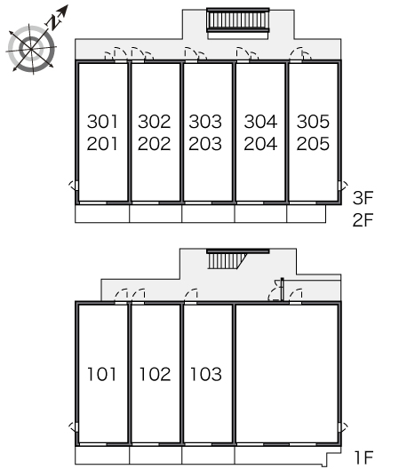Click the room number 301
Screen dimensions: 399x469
pyautogui.click(x=102, y=122)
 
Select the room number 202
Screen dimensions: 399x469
pyautogui.click(x=154, y=144)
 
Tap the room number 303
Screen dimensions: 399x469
pyautogui.click(x=205, y=122)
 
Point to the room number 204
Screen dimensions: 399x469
pyautogui.click(x=260, y=144)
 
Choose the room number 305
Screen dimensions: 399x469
pyautogui.click(x=313, y=122)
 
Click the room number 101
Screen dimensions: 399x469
pyautogui.click(x=102, y=374)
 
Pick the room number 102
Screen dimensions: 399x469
pyautogui.click(x=155, y=374)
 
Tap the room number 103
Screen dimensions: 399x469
pyautogui.click(x=206, y=374)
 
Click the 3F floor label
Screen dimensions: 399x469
pyautogui.click(x=363, y=198)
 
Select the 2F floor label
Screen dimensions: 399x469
pyautogui.click(x=363, y=220)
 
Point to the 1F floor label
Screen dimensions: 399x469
pyautogui.click(x=363, y=457)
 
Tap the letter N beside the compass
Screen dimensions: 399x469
pyautogui.click(x=54, y=23)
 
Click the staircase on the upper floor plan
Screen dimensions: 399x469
pyautogui.click(x=238, y=20)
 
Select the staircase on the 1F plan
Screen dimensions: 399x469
pyautogui.click(x=227, y=260)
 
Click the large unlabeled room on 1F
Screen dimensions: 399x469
pyautogui.click(x=287, y=374)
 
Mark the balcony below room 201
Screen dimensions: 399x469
pyautogui.click(x=102, y=213)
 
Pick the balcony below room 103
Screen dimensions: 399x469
pyautogui.click(x=208, y=455)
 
